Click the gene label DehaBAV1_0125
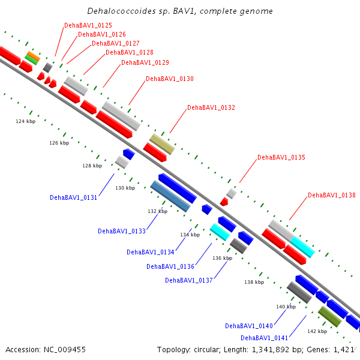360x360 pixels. (88, 25)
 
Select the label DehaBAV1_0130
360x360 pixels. (170, 79)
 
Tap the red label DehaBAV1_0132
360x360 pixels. (211, 107)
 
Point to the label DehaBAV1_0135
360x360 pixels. (281, 157)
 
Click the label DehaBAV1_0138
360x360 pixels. (332, 195)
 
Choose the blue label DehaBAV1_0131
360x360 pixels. (73, 197)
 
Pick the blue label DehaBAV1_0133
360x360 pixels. (122, 231)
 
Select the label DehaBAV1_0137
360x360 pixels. (189, 280)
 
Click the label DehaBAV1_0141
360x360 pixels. (264, 338)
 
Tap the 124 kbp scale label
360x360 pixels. (26, 121)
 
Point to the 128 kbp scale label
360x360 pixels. (92, 166)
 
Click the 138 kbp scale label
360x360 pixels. (254, 282)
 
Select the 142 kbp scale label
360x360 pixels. (317, 331)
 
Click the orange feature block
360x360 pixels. (34, 56)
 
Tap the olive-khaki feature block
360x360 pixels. (162, 144)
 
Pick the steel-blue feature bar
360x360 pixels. (170, 196)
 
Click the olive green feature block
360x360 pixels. (329, 316)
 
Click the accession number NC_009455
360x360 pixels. (65, 350)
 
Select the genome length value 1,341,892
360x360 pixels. (271, 350)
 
